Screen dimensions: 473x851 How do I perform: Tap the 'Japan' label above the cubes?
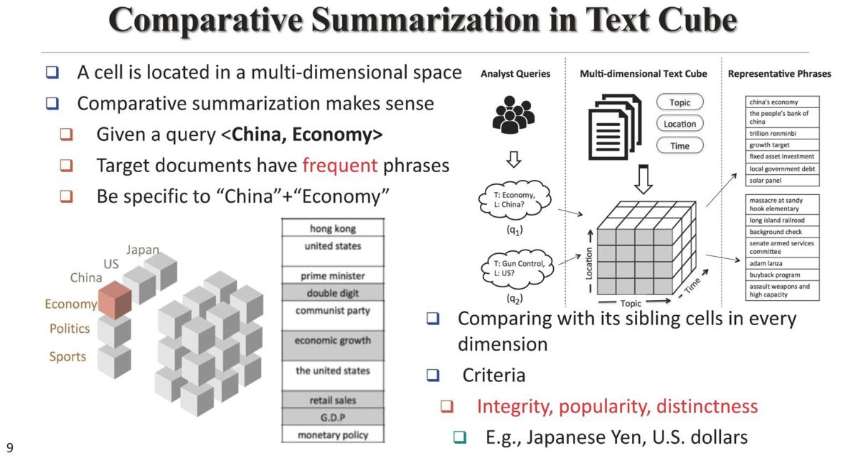click(x=142, y=250)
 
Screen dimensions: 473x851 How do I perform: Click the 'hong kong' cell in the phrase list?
click(x=333, y=228)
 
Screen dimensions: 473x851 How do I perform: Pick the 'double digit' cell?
click(x=333, y=293)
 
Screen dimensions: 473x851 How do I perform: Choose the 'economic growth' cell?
click(x=333, y=341)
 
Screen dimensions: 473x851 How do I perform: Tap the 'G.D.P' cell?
click(x=333, y=416)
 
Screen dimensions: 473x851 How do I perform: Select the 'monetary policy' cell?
click(x=333, y=435)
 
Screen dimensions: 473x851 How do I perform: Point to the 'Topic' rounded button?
click(x=680, y=102)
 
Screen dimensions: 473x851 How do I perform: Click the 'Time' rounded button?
click(x=680, y=145)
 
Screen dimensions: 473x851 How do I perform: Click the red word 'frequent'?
click(x=339, y=166)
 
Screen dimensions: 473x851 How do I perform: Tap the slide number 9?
click(x=10, y=447)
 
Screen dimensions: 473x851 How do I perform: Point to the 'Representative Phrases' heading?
click(x=779, y=73)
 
